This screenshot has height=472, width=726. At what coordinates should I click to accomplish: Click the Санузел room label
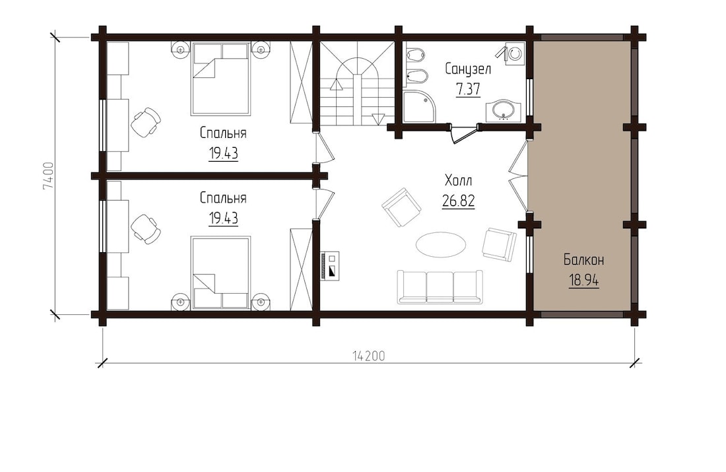(x=468, y=69)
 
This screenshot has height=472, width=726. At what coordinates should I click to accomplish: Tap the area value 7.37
(x=468, y=89)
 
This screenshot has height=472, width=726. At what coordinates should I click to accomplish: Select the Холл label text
(x=459, y=180)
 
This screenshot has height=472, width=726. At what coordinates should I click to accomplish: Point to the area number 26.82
(x=459, y=201)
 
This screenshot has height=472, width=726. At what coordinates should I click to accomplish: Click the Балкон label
(x=584, y=260)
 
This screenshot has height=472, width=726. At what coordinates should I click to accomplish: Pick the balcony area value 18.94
(x=584, y=281)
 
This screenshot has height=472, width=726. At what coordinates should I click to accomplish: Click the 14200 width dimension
(x=368, y=356)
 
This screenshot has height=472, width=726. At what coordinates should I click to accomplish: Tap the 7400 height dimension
(x=48, y=176)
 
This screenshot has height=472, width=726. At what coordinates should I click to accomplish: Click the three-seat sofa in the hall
(x=440, y=287)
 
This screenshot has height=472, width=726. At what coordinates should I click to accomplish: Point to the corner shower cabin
(x=418, y=106)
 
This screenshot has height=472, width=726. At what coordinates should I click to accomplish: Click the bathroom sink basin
(x=504, y=111)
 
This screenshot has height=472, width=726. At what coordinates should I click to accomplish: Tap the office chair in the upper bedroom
(x=145, y=122)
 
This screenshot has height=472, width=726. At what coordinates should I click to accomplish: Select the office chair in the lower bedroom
(x=145, y=229)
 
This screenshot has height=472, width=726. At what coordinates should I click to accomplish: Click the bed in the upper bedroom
(x=220, y=79)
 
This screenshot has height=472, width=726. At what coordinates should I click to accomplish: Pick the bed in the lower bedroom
(x=220, y=273)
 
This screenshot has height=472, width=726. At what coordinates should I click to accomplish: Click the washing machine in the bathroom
(x=514, y=54)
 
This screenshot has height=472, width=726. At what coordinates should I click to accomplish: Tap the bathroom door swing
(x=463, y=134)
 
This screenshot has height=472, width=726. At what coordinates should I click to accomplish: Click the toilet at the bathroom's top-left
(x=415, y=55)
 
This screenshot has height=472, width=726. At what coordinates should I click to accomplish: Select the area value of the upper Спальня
(x=223, y=153)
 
